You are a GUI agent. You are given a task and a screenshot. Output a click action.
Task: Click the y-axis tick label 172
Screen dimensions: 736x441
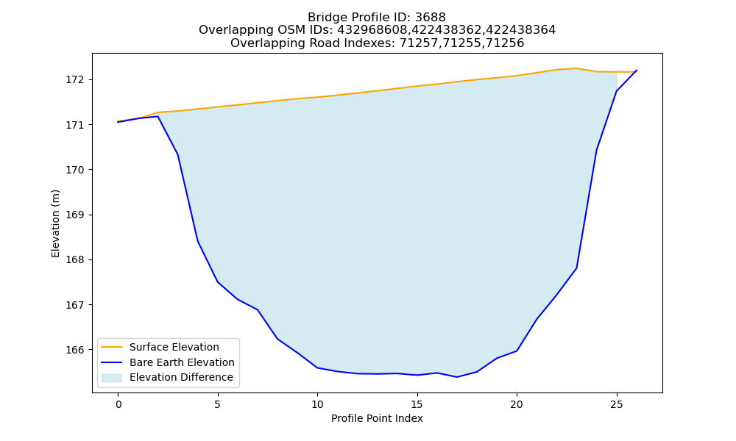click(x=74, y=79)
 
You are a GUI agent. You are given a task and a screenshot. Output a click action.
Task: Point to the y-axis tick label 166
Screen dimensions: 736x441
click(x=74, y=350)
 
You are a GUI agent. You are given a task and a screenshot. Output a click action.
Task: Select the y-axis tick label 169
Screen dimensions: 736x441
click(x=74, y=215)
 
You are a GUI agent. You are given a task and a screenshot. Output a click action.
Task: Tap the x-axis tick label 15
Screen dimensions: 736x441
click(x=417, y=404)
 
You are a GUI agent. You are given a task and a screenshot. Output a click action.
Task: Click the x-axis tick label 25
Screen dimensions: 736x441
click(x=616, y=404)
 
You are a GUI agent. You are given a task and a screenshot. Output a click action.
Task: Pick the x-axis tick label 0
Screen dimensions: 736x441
click(x=118, y=404)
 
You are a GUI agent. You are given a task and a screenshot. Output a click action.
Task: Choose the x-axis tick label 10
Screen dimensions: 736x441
click(x=317, y=404)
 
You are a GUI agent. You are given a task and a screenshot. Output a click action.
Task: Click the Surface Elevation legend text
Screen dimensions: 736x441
click(x=174, y=347)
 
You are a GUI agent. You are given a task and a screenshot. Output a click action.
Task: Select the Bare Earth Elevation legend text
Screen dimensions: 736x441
click(x=182, y=363)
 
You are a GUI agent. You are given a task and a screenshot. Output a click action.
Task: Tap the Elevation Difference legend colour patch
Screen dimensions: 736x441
click(x=112, y=378)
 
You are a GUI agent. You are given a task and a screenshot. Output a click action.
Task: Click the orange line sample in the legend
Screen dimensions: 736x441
click(x=112, y=347)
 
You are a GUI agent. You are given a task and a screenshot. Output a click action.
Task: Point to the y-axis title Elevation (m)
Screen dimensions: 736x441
click(x=55, y=223)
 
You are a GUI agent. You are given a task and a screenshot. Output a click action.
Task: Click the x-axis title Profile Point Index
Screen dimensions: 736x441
click(x=377, y=418)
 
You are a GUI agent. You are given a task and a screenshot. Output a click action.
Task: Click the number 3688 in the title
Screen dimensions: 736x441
click(x=430, y=18)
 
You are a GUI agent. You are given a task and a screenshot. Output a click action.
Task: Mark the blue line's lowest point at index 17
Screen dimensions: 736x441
click(x=457, y=377)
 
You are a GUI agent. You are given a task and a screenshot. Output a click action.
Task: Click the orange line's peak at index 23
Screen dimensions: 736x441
click(x=576, y=68)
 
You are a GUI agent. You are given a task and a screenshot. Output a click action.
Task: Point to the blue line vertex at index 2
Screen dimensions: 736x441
click(x=158, y=116)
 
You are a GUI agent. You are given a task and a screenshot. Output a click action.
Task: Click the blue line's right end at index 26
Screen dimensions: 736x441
click(x=637, y=71)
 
